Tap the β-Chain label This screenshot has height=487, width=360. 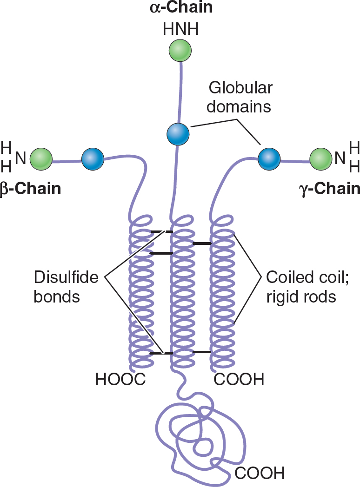(x=31, y=189)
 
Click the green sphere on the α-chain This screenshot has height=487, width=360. (x=180, y=50)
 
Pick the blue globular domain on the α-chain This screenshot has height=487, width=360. (x=178, y=134)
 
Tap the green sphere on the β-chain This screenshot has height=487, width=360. (x=41, y=159)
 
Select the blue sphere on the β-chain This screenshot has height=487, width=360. (x=93, y=159)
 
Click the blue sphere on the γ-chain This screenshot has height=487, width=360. (x=269, y=159)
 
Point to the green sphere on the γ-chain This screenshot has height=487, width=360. (x=321, y=159)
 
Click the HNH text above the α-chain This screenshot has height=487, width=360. (x=180, y=30)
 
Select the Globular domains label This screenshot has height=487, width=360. (x=239, y=97)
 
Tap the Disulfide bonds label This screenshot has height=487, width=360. (x=66, y=287)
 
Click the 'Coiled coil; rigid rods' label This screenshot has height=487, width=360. (x=307, y=287)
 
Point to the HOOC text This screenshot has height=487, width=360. (x=121, y=379)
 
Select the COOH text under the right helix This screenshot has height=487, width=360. (x=239, y=379)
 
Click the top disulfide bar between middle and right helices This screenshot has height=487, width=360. (x=202, y=243)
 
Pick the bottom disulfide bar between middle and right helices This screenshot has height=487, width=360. (x=202, y=352)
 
